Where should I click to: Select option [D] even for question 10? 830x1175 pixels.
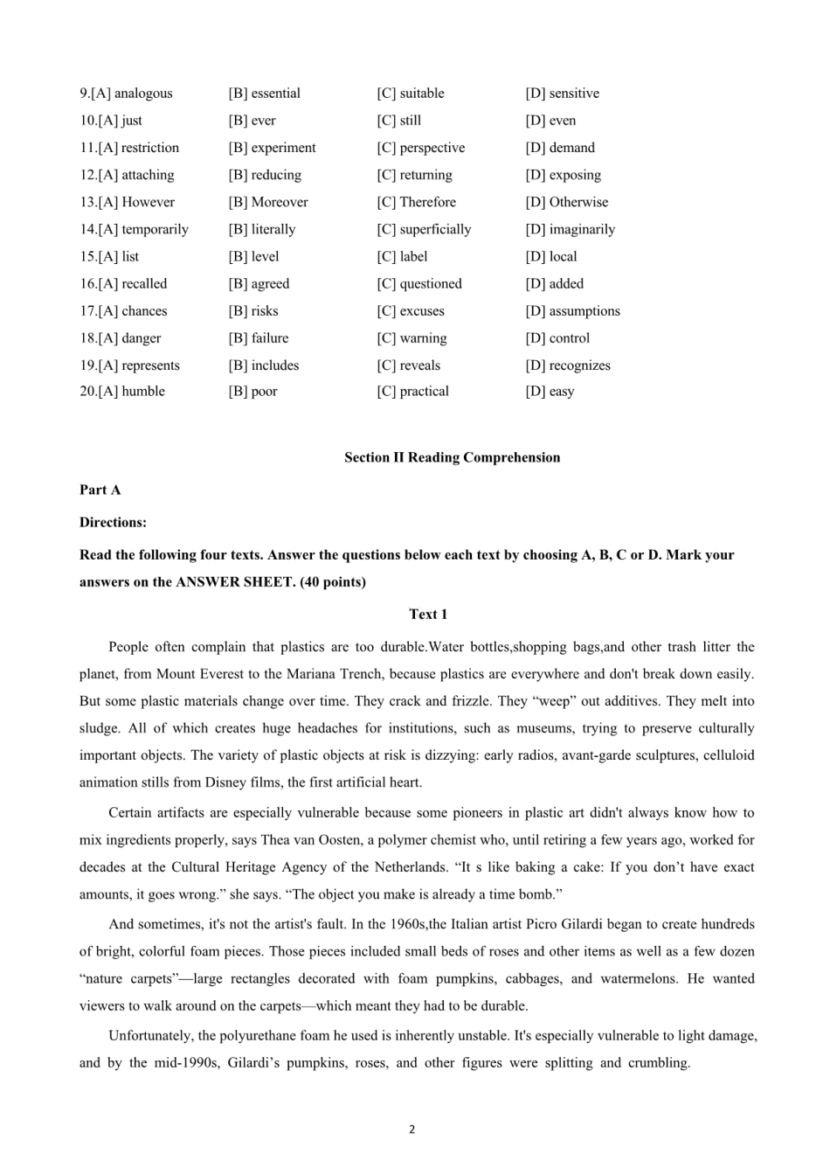(x=551, y=121)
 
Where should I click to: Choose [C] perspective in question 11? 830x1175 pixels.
(x=421, y=148)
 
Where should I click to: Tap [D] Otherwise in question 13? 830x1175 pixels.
(x=567, y=202)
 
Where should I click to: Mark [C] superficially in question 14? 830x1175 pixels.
(x=424, y=229)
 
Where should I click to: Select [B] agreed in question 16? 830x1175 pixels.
(x=259, y=283)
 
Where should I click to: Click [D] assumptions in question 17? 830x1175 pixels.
(x=573, y=310)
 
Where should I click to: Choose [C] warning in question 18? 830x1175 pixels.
(x=412, y=337)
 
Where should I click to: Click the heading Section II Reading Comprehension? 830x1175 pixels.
(x=452, y=457)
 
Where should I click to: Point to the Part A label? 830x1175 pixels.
(x=100, y=490)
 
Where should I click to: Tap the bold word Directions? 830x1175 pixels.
(x=113, y=522)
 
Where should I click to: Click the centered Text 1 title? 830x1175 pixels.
(x=428, y=614)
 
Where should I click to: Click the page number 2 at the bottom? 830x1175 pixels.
(x=412, y=1130)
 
